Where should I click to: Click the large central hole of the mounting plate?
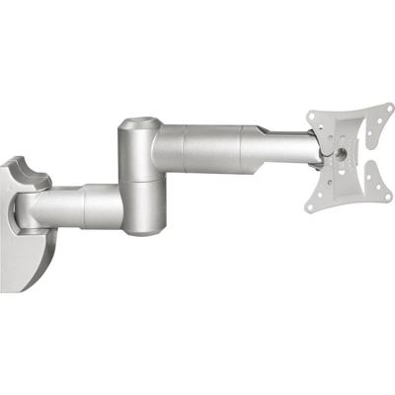click(342, 154)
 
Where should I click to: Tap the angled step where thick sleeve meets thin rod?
click(263, 148)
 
